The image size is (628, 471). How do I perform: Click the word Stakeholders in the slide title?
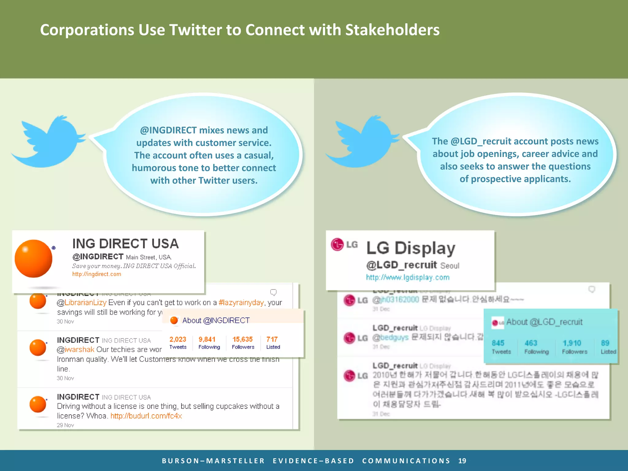tap(392, 30)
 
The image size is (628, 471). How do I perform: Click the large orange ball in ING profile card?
tap(33, 258)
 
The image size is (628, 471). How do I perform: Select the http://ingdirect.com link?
tap(97, 274)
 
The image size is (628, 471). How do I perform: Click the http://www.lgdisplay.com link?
tap(408, 278)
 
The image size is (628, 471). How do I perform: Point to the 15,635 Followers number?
tap(242, 339)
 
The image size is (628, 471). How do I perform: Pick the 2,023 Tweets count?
tap(178, 339)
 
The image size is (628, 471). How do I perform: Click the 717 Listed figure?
tap(272, 339)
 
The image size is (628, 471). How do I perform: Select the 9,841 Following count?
tap(207, 339)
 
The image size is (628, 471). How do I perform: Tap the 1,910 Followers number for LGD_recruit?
tap(572, 343)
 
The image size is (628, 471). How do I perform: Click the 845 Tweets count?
tap(498, 343)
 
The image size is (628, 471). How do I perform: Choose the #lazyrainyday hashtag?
tap(241, 303)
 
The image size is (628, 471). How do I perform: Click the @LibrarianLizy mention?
tap(82, 303)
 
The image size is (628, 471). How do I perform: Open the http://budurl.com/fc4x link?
tap(146, 416)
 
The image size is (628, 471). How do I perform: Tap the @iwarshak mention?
tap(76, 350)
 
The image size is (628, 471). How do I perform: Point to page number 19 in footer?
tap(462, 461)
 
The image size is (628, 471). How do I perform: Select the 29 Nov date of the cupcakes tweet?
tap(65, 425)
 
